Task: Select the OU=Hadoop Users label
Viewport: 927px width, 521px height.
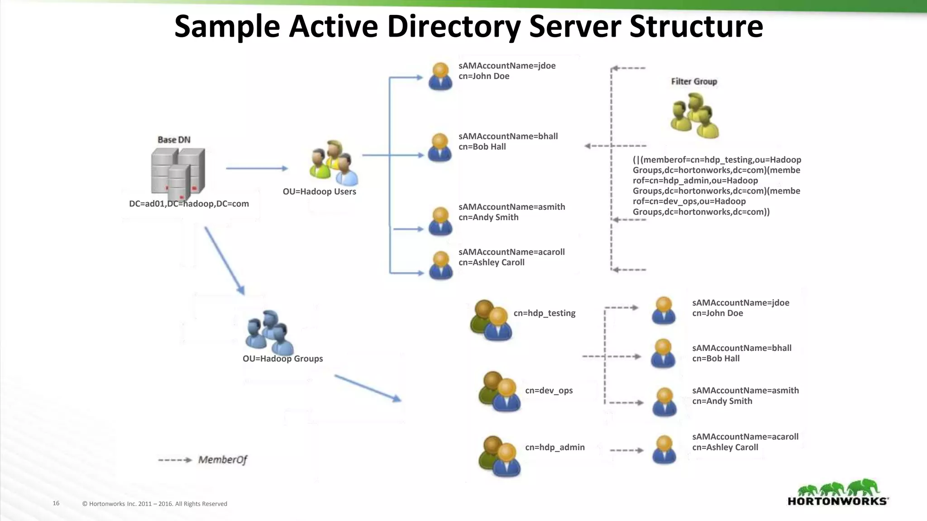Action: pyautogui.click(x=319, y=191)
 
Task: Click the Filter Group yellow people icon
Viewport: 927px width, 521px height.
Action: pyautogui.click(x=694, y=115)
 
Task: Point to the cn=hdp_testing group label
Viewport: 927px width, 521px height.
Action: pyautogui.click(x=544, y=313)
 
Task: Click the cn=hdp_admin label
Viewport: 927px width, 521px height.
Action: pyautogui.click(x=554, y=447)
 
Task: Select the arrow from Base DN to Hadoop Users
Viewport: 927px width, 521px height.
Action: pyautogui.click(x=257, y=168)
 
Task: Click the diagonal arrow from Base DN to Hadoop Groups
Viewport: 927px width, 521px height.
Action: pyautogui.click(x=225, y=260)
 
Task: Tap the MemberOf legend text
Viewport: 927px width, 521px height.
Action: pyautogui.click(x=222, y=460)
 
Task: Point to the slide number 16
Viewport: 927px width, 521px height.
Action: pyautogui.click(x=56, y=503)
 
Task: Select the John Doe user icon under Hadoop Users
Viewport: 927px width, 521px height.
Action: pyautogui.click(x=440, y=76)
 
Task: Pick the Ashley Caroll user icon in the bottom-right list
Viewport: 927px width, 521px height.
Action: pyautogui.click(x=664, y=450)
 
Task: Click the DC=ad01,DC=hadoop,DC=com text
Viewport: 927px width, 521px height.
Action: pyautogui.click(x=189, y=204)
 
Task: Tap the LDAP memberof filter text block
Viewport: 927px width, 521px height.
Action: pyautogui.click(x=717, y=186)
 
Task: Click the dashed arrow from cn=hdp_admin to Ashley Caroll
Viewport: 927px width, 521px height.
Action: pyautogui.click(x=626, y=450)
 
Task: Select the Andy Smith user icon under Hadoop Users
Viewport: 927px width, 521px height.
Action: pyautogui.click(x=440, y=221)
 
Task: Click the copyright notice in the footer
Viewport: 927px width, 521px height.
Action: pyautogui.click(x=154, y=504)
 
